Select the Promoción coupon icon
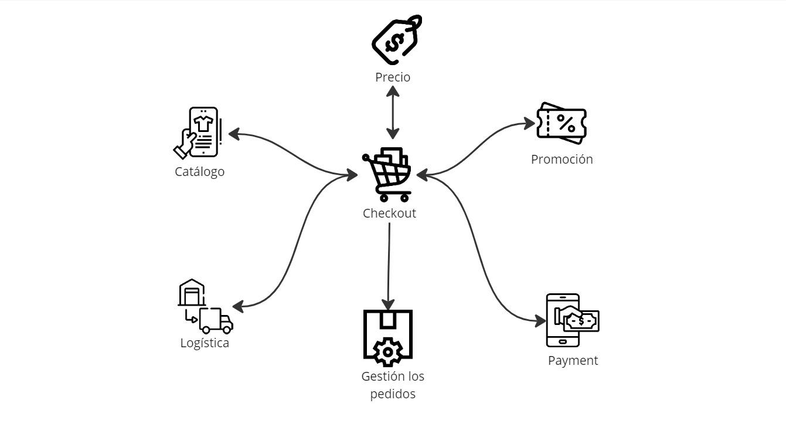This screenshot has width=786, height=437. pyautogui.click(x=562, y=123)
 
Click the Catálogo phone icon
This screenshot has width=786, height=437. pyautogui.click(x=203, y=132)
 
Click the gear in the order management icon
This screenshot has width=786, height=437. pyautogui.click(x=387, y=351)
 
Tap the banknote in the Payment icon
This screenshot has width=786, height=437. pyautogui.click(x=581, y=321)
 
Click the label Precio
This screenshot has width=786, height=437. pyautogui.click(x=393, y=77)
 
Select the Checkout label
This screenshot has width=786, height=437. pyautogui.click(x=389, y=213)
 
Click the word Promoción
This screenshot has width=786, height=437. pyautogui.click(x=562, y=159)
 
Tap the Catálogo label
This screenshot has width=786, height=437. pyautogui.click(x=199, y=171)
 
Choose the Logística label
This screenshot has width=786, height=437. pyautogui.click(x=205, y=343)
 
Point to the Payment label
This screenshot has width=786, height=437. pyautogui.click(x=573, y=360)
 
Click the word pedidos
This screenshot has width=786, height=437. pyautogui.click(x=392, y=394)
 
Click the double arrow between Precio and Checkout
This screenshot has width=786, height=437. pyautogui.click(x=393, y=112)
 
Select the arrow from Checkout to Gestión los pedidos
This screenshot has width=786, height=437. pyautogui.click(x=389, y=264)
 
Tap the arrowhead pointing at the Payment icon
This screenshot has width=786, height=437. pyautogui.click(x=540, y=320)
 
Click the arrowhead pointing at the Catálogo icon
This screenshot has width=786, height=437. pyautogui.click(x=234, y=134)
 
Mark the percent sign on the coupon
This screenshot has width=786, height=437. pyautogui.click(x=566, y=123)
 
